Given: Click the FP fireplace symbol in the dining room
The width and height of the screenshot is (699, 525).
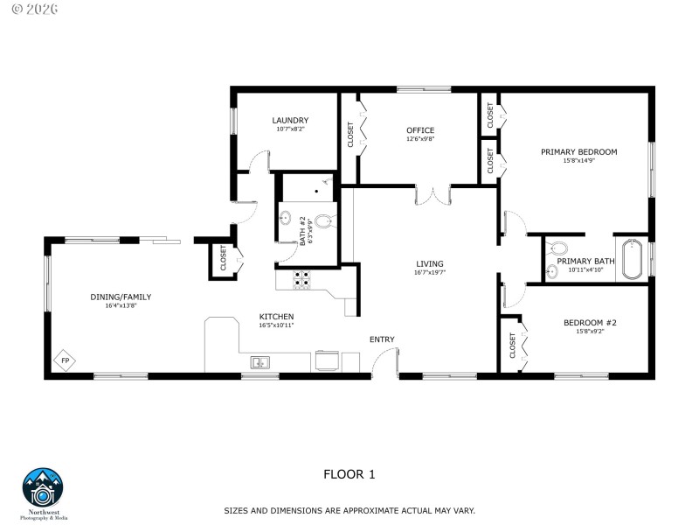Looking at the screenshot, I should [x=65, y=360].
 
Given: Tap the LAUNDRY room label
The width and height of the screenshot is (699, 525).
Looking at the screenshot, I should [x=290, y=121].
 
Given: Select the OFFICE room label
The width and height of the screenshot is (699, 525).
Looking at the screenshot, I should [x=420, y=130].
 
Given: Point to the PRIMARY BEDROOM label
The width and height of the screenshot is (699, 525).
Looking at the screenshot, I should [x=578, y=151].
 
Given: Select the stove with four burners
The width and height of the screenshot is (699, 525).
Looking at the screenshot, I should [x=301, y=280].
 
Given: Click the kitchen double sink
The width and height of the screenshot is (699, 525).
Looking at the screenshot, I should [x=260, y=361].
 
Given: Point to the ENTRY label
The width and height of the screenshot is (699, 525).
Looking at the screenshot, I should [x=382, y=339].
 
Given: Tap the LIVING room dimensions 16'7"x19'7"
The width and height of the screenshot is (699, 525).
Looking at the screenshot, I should [x=430, y=273].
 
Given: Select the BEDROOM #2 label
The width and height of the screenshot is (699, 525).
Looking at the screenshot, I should [x=591, y=323].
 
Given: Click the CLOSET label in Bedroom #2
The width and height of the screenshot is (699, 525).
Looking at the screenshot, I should [x=513, y=346].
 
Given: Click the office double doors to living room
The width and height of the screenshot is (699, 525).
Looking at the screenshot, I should [x=433, y=195].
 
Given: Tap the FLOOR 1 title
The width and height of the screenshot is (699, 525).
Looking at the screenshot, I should [x=349, y=475].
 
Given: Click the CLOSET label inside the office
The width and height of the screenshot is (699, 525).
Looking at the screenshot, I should [x=350, y=134].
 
